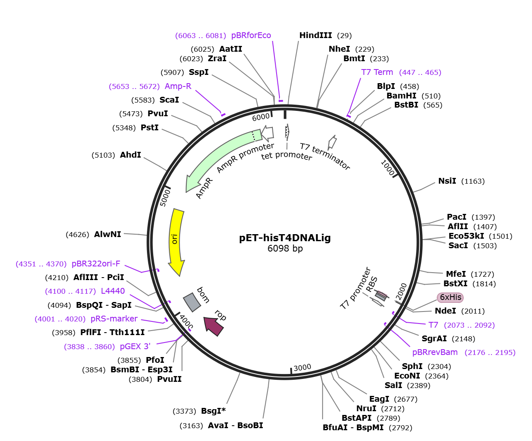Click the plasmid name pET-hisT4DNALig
click(285, 238)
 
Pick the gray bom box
click(192, 302)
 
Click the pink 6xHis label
click(450, 297)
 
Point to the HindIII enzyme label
click(315, 36)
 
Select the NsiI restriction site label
click(447, 181)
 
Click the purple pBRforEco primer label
click(251, 36)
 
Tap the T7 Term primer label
click(377, 72)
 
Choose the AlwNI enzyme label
click(108, 235)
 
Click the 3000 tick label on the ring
click(302, 367)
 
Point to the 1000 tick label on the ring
click(388, 168)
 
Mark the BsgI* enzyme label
click(213, 411)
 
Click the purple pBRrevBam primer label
click(435, 352)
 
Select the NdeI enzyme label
click(445, 311)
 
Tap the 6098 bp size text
click(285, 249)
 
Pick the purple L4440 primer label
click(113, 291)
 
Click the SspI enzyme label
click(199, 72)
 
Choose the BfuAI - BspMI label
click(353, 428)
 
